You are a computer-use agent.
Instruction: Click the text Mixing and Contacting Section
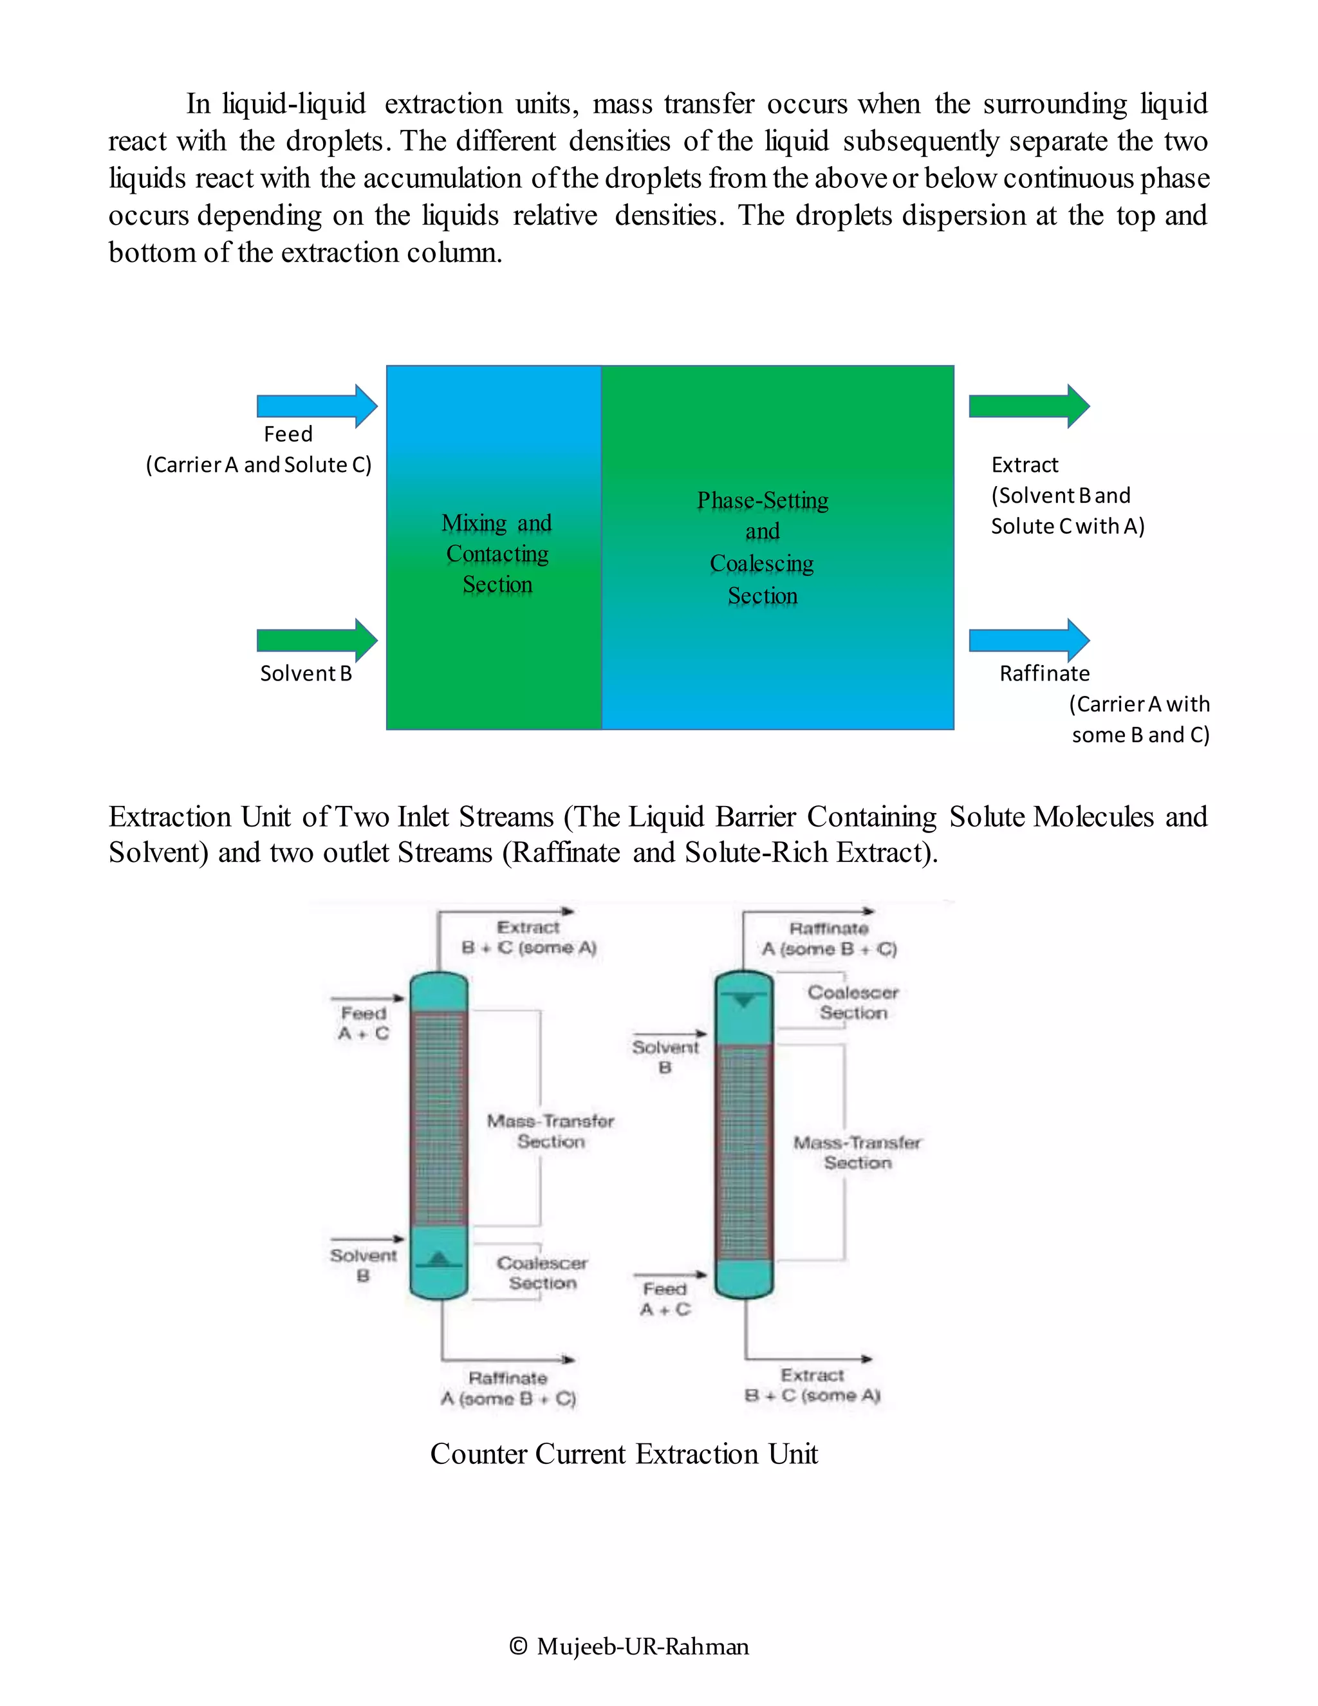[x=497, y=554]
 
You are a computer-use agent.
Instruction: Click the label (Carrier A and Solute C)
[x=259, y=465]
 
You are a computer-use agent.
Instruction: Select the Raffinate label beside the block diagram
[x=1044, y=673]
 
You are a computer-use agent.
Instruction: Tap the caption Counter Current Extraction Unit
[x=623, y=1454]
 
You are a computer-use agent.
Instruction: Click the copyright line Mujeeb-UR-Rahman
[x=629, y=1647]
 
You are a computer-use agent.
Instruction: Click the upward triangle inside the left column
[x=439, y=1259]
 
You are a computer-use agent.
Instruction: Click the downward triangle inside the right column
[x=744, y=1000]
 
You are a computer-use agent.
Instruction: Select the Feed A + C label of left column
[x=363, y=1024]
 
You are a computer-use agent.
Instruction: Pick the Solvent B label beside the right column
[x=665, y=1057]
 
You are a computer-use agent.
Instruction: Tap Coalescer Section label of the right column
[x=853, y=1002]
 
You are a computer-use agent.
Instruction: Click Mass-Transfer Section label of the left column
[x=550, y=1131]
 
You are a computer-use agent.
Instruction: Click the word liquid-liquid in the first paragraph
[x=293, y=104]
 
